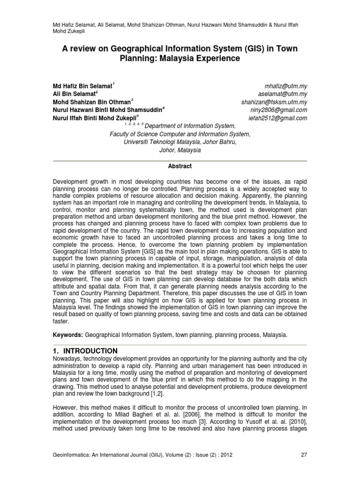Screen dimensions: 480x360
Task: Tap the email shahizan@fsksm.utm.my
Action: click(x=274, y=102)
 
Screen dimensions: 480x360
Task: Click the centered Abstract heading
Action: click(x=180, y=166)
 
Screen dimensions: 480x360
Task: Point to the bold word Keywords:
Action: click(x=67, y=336)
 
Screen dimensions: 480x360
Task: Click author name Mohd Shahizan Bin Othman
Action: click(x=91, y=102)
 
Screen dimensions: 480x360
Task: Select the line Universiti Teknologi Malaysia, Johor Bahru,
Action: click(x=180, y=142)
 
